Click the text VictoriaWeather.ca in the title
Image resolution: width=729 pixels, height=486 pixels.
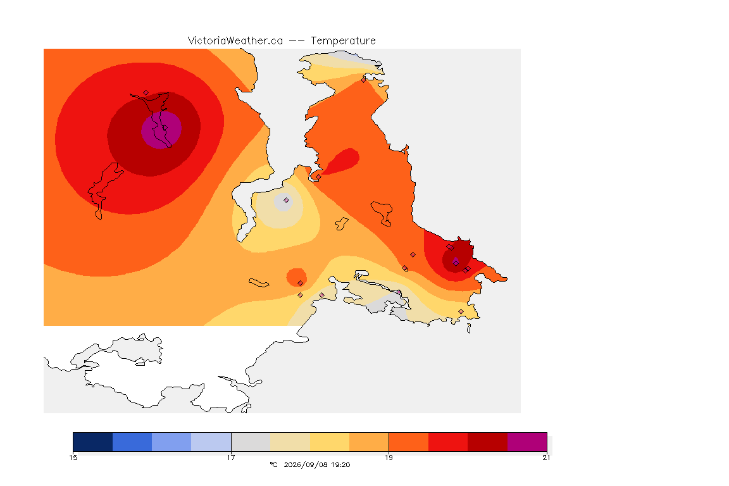[x=235, y=41]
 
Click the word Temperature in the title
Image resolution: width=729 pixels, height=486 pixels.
[x=343, y=41]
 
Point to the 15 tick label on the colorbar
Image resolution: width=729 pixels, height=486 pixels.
[x=73, y=458]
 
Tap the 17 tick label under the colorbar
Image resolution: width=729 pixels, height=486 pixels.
[x=231, y=458]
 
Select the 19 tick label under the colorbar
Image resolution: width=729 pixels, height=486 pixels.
[x=389, y=458]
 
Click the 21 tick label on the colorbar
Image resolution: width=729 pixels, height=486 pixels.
[x=546, y=458]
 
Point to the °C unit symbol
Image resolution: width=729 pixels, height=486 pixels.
[x=273, y=464]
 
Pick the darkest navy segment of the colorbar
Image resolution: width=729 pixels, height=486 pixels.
[x=93, y=442]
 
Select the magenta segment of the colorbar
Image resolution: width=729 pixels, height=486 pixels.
[x=526, y=442]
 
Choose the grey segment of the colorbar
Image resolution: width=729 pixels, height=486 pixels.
[x=251, y=442]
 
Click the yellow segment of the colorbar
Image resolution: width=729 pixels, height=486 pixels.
[x=330, y=442]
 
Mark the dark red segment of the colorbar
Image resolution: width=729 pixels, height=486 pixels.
[x=487, y=442]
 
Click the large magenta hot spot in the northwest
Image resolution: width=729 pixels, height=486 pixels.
[x=161, y=130]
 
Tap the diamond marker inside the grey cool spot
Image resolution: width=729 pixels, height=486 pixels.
[x=287, y=201]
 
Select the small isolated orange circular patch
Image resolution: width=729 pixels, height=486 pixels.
[x=297, y=277]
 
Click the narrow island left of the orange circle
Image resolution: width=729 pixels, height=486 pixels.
[x=259, y=283]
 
